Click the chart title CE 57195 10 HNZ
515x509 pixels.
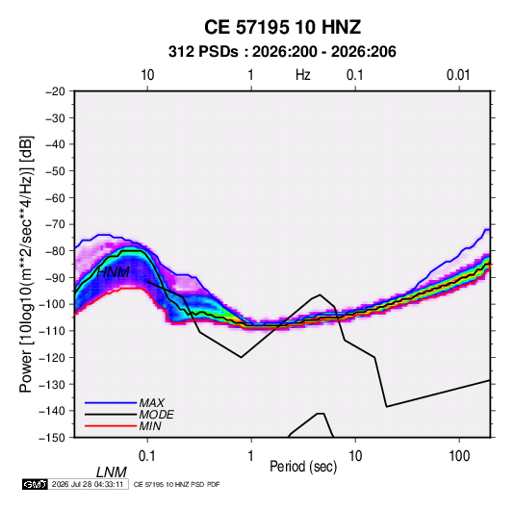[282, 27]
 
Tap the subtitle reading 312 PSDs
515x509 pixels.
[203, 52]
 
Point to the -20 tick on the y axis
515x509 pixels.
[55, 91]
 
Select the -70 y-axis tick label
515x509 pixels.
[55, 224]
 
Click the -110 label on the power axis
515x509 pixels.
[52, 331]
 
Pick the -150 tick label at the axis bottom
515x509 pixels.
[52, 438]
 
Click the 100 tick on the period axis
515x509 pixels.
[459, 456]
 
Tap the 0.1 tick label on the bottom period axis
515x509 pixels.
[146, 456]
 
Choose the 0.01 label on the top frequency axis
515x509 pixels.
[458, 75]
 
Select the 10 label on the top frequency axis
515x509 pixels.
[147, 75]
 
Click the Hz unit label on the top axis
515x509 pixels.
[302, 75]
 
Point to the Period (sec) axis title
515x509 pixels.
[303, 467]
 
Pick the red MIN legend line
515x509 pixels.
[111, 426]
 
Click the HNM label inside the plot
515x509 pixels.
[113, 272]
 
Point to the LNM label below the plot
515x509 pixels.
[112, 472]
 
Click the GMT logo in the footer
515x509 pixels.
[36, 484]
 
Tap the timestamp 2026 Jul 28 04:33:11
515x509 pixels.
[88, 484]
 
